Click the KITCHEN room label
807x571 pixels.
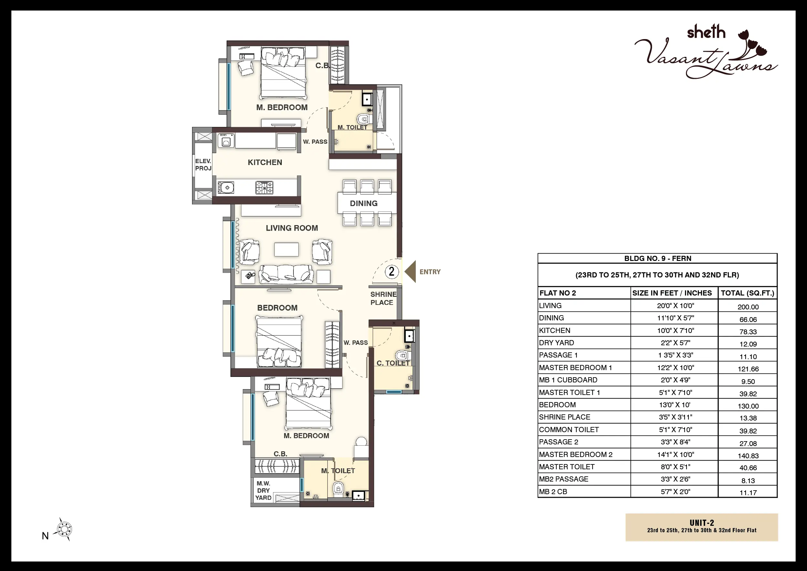[x=265, y=162]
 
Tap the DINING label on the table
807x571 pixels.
[x=363, y=203]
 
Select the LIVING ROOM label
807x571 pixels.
[x=292, y=228]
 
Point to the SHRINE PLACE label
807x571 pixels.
[x=383, y=298]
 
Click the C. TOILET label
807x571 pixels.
[x=393, y=363]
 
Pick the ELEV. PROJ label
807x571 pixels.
[x=203, y=164]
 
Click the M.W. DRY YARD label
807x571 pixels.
[x=263, y=491]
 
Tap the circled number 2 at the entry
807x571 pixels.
[x=392, y=271]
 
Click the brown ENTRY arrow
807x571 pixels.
[x=410, y=271]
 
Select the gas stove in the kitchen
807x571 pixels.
[x=264, y=188]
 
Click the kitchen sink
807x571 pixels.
[x=226, y=188]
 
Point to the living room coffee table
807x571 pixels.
[x=286, y=249]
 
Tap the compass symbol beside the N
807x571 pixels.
[x=64, y=529]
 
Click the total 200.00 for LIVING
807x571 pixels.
[x=748, y=307]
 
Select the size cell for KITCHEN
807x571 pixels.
[x=675, y=330]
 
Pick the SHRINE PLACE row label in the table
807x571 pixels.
[x=565, y=417]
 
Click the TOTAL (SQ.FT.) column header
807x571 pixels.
[x=748, y=293]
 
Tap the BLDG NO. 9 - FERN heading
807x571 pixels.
[x=658, y=258]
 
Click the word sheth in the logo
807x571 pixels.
[x=706, y=32]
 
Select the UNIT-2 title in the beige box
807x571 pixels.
[x=701, y=523]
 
